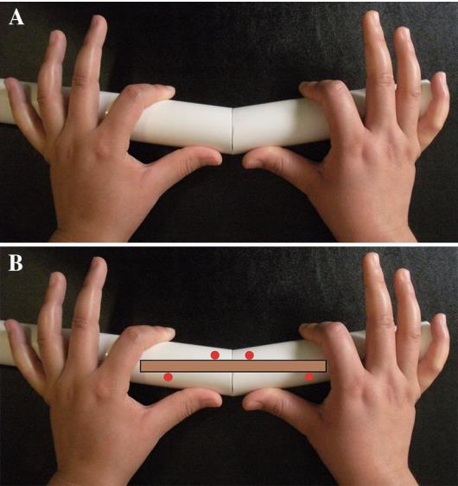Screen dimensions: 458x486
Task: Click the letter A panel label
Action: [16, 17]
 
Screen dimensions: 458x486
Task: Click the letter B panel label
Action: [16, 263]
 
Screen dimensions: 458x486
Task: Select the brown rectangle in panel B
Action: [233, 366]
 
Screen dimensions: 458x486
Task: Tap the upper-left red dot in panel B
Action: [215, 355]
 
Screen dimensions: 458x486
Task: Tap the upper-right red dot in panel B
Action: [249, 355]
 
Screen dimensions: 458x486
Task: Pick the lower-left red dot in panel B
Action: [169, 377]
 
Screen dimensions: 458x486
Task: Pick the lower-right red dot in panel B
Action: [309, 377]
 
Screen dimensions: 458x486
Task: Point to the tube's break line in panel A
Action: [232, 131]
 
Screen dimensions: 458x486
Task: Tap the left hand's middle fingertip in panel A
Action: [99, 19]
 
